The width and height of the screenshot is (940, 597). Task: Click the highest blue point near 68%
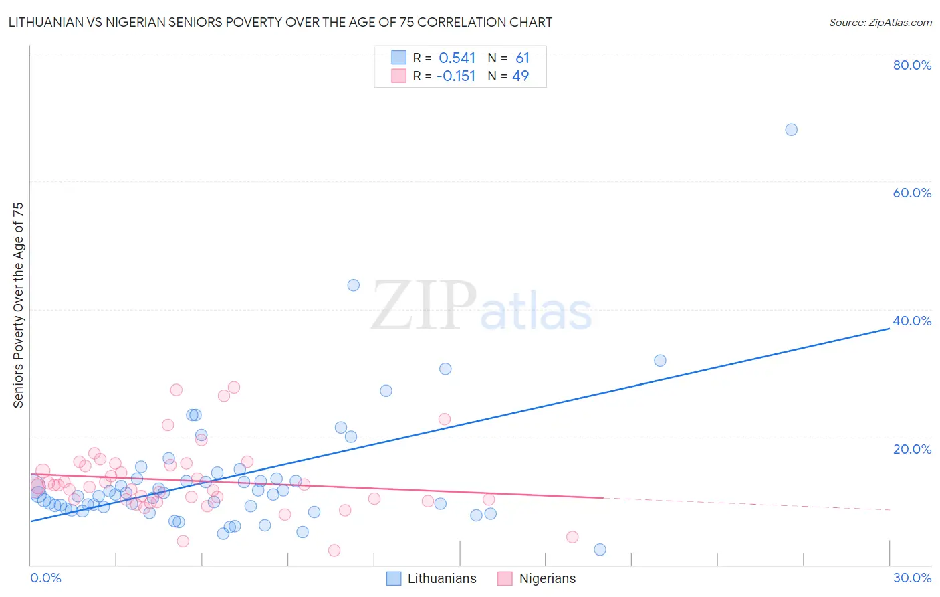791,130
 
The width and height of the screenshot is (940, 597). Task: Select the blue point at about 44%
354,285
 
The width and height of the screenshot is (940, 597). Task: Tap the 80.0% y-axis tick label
912,65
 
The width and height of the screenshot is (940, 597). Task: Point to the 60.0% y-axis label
912,193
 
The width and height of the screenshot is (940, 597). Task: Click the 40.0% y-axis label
912,321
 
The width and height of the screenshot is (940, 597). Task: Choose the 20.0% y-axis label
912,449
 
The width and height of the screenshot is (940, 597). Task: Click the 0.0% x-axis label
45,578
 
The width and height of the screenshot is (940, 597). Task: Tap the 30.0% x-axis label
912,578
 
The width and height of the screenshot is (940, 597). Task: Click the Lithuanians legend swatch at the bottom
394,578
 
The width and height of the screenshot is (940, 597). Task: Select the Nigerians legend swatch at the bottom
505,578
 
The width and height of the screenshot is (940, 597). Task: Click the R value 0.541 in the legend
457,58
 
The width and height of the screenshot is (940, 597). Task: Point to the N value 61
522,58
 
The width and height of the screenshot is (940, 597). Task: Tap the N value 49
521,76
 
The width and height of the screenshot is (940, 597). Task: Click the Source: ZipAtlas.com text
880,23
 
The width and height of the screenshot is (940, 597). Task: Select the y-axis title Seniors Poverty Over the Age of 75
19,305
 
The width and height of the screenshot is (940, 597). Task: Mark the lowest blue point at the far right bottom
600,549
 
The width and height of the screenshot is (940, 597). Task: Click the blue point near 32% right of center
660,361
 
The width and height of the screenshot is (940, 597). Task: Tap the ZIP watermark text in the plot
424,307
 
